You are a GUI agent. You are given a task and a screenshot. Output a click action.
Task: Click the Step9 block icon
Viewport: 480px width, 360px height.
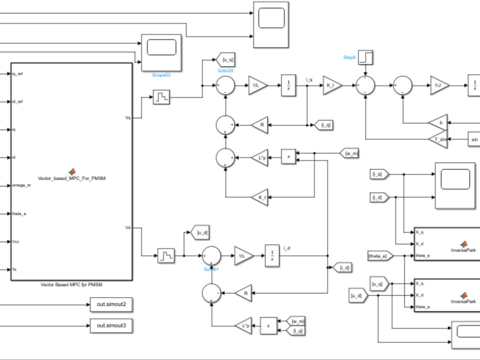pyautogui.click(x=365, y=57)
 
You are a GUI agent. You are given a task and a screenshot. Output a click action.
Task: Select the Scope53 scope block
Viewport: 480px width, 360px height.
pyautogui.click(x=161, y=52)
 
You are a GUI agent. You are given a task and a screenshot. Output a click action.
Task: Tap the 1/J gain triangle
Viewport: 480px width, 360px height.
pyautogui.click(x=438, y=85)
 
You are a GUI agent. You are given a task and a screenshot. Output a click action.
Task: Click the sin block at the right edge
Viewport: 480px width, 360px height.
pyautogui.click(x=474, y=139)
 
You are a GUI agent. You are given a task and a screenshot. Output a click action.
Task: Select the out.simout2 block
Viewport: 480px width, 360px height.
pyautogui.click(x=111, y=304)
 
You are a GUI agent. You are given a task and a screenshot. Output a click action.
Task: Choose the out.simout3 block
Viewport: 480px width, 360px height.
pyautogui.click(x=111, y=326)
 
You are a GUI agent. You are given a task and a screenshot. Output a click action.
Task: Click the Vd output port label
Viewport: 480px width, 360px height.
pyautogui.click(x=128, y=228)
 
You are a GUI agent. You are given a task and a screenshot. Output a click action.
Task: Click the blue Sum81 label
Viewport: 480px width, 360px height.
pyautogui.click(x=211, y=269)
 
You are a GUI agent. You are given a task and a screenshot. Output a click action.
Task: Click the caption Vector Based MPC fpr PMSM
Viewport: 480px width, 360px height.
pyautogui.click(x=72, y=285)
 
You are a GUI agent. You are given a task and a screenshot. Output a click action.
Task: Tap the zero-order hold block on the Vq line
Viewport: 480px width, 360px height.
pyautogui.click(x=161, y=98)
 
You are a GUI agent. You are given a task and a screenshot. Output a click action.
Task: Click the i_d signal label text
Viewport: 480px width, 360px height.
pyautogui.click(x=287, y=248)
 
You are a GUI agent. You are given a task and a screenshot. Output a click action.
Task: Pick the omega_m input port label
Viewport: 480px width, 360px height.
pyautogui.click(x=21, y=185)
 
